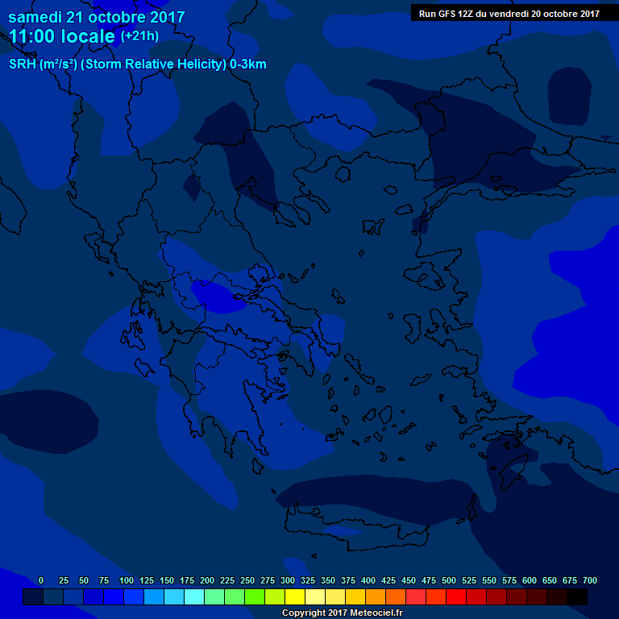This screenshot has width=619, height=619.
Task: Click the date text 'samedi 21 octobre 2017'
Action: pyautogui.click(x=97, y=17)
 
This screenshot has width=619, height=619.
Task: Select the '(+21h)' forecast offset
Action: pyautogui.click(x=140, y=36)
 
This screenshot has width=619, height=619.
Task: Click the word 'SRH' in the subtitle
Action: pyautogui.click(x=22, y=64)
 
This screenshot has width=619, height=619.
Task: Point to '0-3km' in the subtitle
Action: pyautogui.click(x=248, y=64)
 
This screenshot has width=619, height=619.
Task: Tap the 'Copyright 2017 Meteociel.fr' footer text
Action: pyautogui.click(x=342, y=613)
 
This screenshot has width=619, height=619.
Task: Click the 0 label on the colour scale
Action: pyautogui.click(x=41, y=580)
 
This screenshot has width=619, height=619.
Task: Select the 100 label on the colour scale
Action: pyautogui.click(x=127, y=580)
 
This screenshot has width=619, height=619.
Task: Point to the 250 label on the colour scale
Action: pyautogui.click(x=247, y=580)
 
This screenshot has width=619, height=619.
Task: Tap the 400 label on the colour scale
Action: pyautogui.click(x=368, y=580)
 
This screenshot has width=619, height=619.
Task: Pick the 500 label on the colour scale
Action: pyautogui.click(x=449, y=580)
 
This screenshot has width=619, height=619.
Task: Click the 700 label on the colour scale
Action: pyautogui.click(x=590, y=580)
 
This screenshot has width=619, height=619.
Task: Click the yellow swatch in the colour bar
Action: pyautogui.click(x=295, y=596)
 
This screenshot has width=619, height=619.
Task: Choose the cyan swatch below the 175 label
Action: pyautogui.click(x=193, y=596)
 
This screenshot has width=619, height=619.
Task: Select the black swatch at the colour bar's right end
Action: pyautogui.click(x=577, y=596)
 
